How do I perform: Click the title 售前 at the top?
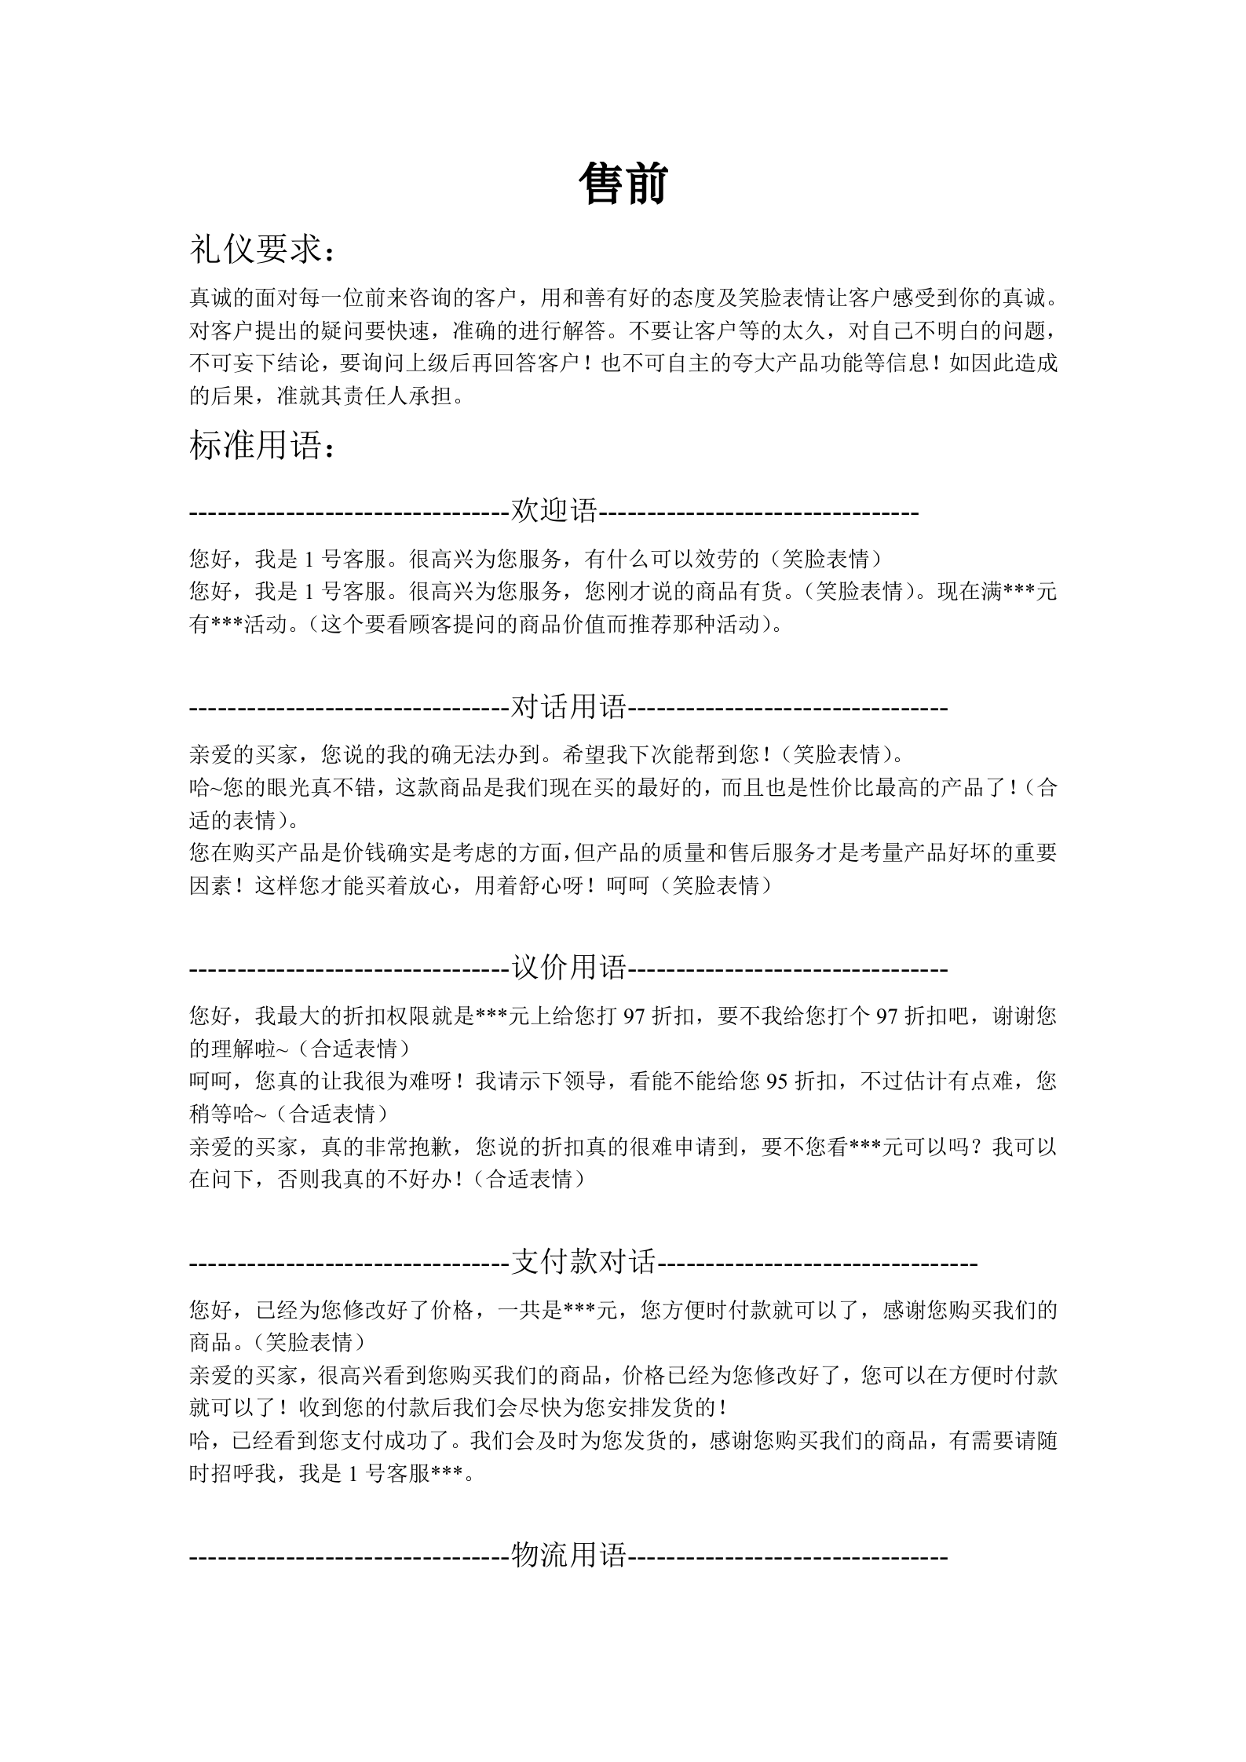click(623, 185)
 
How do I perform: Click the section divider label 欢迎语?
click(554, 511)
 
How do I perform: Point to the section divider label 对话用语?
click(569, 707)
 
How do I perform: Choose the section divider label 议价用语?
click(569, 967)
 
